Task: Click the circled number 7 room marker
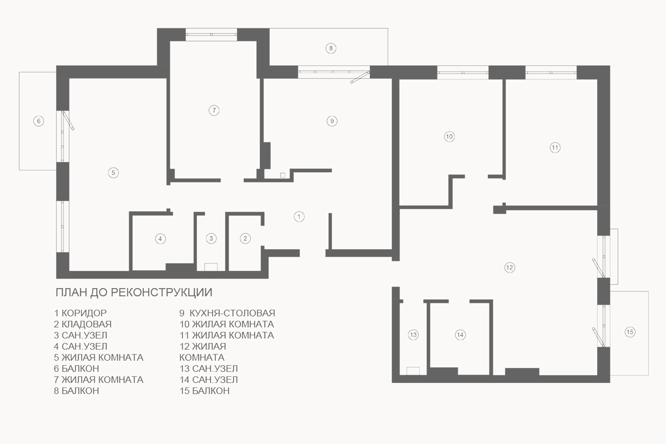coord(214,111)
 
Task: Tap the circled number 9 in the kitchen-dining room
coord(332,121)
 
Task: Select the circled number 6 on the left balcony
coord(39,121)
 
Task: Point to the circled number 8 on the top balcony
coord(331,48)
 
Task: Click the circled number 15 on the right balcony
coord(630,332)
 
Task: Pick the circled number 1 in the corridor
coord(299,217)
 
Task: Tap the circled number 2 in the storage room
coord(245,239)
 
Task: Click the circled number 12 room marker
coord(509,267)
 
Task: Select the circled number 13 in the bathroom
coord(413,335)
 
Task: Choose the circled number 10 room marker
coord(449,137)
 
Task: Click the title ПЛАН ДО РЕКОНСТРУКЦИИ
coord(134,292)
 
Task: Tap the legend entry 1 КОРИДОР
coord(80,313)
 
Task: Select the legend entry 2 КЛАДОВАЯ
coord(83,324)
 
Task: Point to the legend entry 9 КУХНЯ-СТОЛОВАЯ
coord(227,313)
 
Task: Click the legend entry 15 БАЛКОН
coord(205,391)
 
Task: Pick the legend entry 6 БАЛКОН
coord(77,368)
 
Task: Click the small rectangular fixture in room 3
coord(211,267)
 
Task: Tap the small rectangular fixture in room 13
coord(413,371)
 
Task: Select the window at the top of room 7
coord(211,35)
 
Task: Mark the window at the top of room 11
coord(551,72)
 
